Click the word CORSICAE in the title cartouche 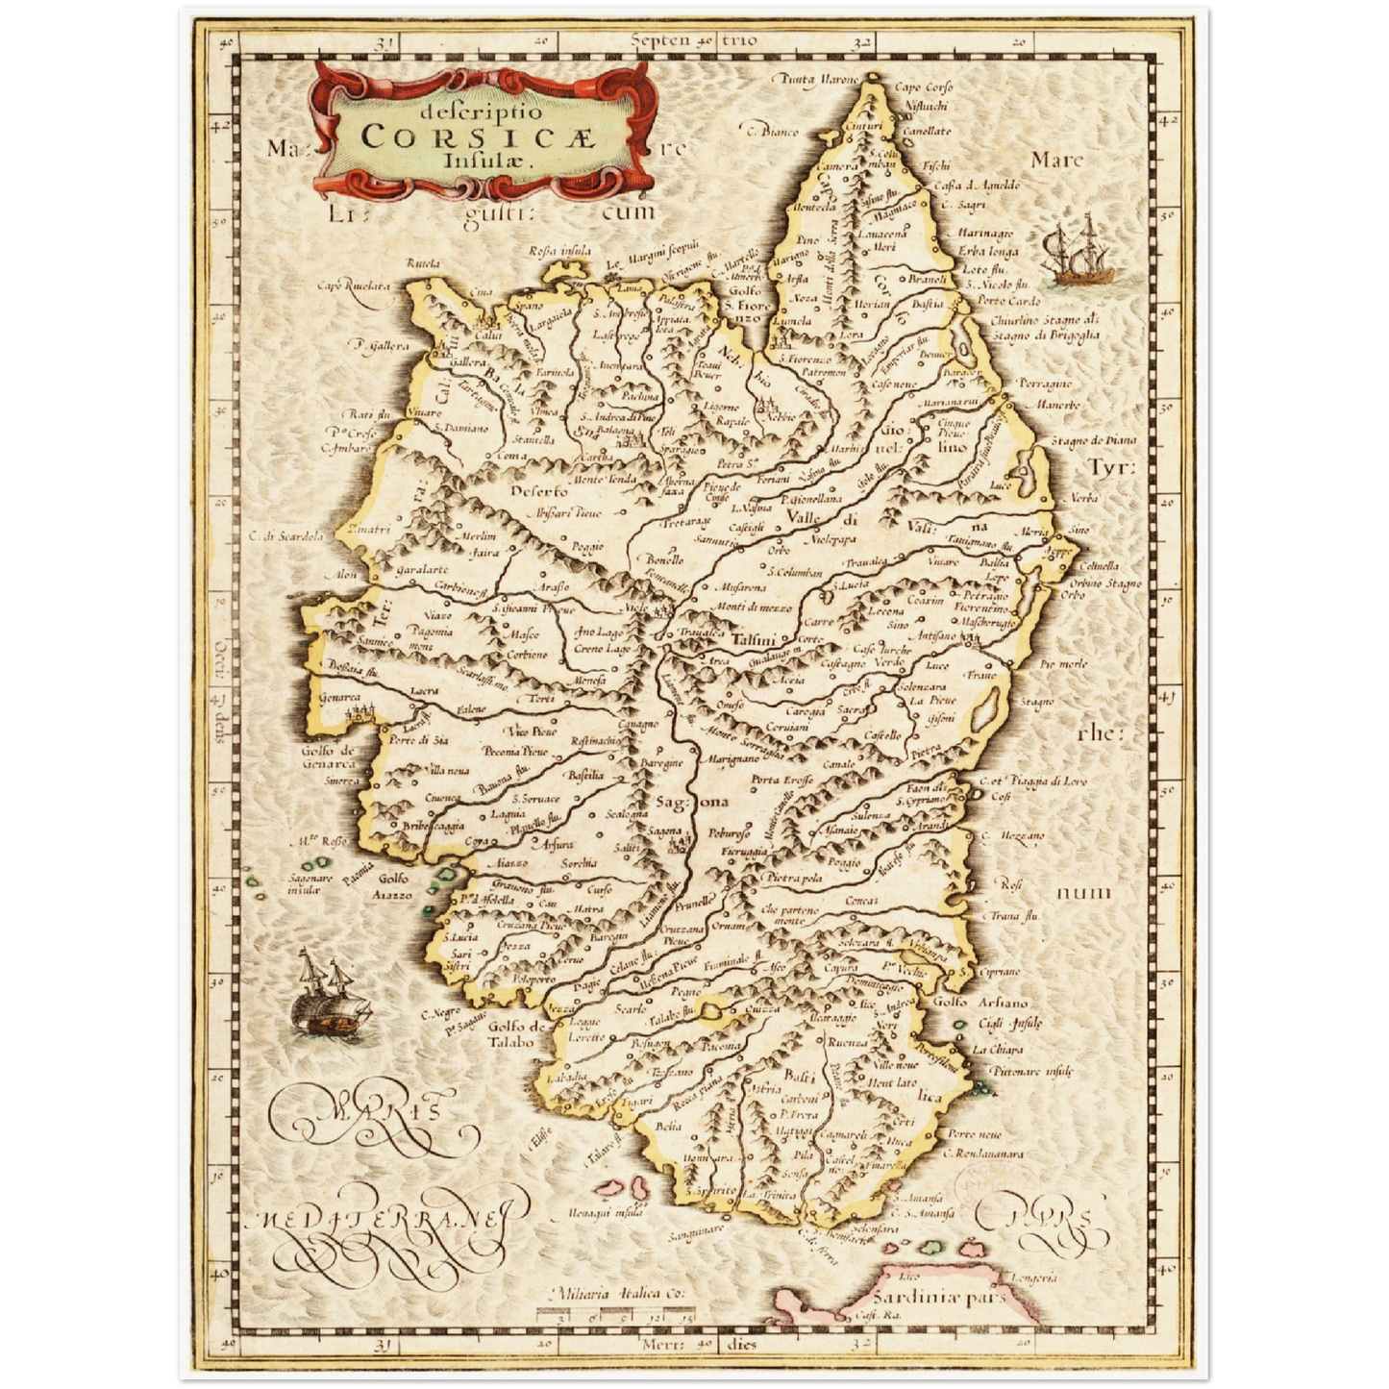point(478,136)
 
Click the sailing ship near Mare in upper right point(1080,251)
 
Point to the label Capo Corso point(923,87)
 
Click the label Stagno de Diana point(1092,440)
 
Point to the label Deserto point(538,491)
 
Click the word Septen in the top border point(661,40)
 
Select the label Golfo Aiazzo point(394,886)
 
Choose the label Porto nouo point(974,1134)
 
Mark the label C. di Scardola point(286,536)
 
